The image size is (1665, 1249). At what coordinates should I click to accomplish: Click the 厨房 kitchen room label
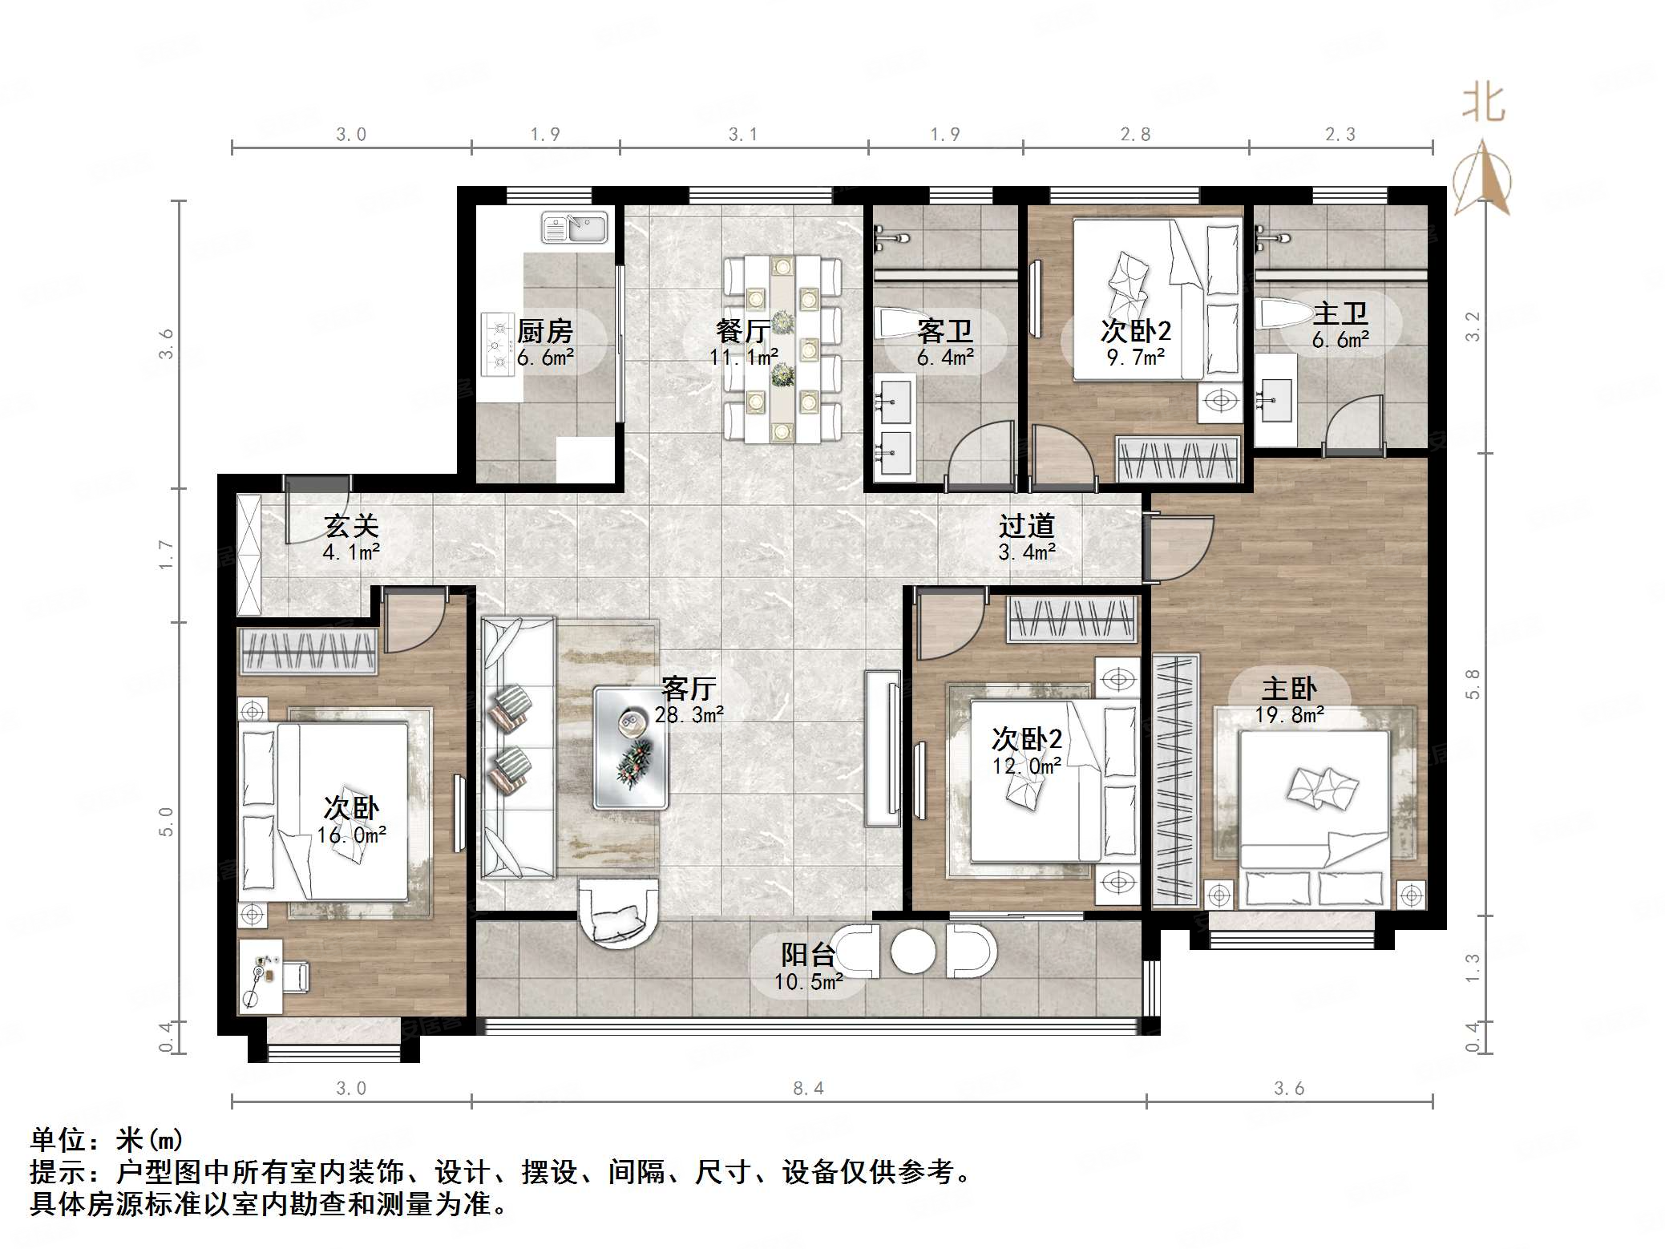point(545,330)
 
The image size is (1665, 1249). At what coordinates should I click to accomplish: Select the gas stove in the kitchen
point(496,345)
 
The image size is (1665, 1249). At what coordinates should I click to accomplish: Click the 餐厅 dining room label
point(743,330)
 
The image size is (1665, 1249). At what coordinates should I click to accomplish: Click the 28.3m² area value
point(689,714)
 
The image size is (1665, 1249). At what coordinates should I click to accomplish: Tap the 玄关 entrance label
point(351,527)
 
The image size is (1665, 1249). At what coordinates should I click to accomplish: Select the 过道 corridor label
point(1026,527)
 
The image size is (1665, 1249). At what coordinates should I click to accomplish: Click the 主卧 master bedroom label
point(1289,689)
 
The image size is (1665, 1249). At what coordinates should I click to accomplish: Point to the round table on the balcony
point(913,951)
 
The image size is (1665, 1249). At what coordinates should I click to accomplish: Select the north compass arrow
point(1482,176)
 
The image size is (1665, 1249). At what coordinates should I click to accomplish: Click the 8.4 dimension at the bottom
point(808,1088)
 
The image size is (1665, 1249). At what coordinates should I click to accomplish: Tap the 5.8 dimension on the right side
point(1473,684)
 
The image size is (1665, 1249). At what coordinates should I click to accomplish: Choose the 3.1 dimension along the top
point(743,135)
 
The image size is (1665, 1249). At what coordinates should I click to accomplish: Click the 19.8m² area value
point(1289,714)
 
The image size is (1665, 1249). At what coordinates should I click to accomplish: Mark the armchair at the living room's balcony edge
point(618,912)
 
